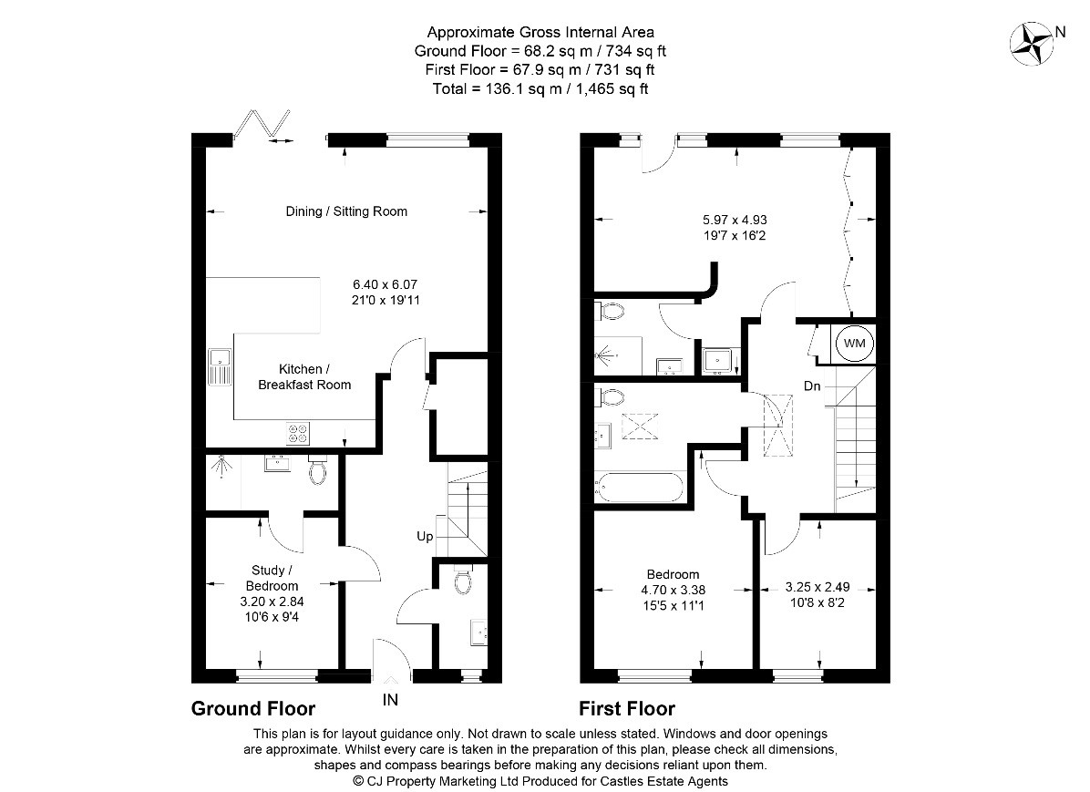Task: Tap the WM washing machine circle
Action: [x=855, y=343]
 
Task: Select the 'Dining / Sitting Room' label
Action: [x=346, y=211]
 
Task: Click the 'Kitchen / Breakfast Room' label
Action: [x=303, y=376]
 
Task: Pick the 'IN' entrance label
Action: [x=390, y=701]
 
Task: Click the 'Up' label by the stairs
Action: [x=425, y=537]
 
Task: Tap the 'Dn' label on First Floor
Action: [x=812, y=386]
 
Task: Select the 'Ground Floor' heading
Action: [x=252, y=708]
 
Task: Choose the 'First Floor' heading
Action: [x=627, y=708]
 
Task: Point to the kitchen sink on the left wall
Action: [x=220, y=367]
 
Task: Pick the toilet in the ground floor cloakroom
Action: [x=462, y=580]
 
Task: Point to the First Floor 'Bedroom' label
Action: [x=673, y=574]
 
